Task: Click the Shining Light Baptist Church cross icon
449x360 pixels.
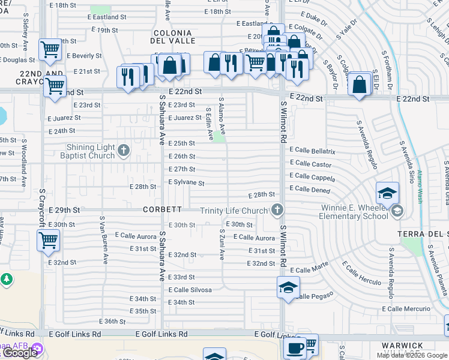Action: click(x=124, y=150)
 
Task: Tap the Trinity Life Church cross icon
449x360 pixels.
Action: click(x=277, y=210)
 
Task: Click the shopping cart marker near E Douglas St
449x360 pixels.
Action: click(x=49, y=49)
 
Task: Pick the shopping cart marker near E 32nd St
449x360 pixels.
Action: click(x=49, y=241)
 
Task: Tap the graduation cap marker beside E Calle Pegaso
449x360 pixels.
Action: click(x=288, y=287)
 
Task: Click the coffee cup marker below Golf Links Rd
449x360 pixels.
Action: click(x=294, y=347)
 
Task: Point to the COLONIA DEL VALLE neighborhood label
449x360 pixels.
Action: click(x=174, y=37)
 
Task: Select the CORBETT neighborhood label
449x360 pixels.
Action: click(x=162, y=209)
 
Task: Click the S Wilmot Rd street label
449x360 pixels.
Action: click(x=283, y=124)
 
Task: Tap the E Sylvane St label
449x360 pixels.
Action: click(x=186, y=182)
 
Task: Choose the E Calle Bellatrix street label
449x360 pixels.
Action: click(x=312, y=151)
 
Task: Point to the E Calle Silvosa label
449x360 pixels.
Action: click(x=190, y=290)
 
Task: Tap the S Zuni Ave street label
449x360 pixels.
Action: click(x=221, y=244)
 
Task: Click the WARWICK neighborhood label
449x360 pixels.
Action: click(x=406, y=346)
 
